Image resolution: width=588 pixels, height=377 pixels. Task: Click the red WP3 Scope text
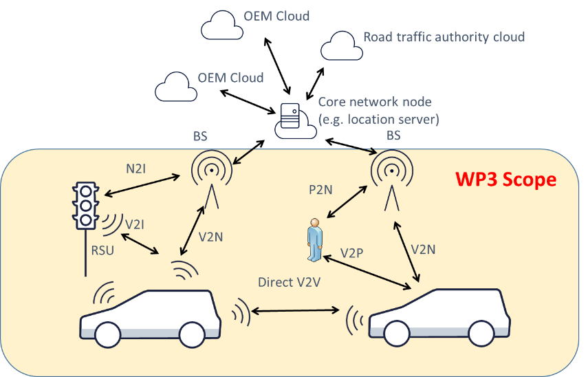[x=505, y=180]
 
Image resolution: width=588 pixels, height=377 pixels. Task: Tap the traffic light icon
[x=85, y=204]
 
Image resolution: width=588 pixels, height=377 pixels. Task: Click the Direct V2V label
[x=289, y=282]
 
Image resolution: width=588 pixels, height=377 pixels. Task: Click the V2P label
[x=352, y=253]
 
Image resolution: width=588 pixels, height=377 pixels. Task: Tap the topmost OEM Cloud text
[x=276, y=15]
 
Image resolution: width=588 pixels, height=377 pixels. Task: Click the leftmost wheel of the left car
[x=108, y=335]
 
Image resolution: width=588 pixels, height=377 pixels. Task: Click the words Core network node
[x=375, y=102]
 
